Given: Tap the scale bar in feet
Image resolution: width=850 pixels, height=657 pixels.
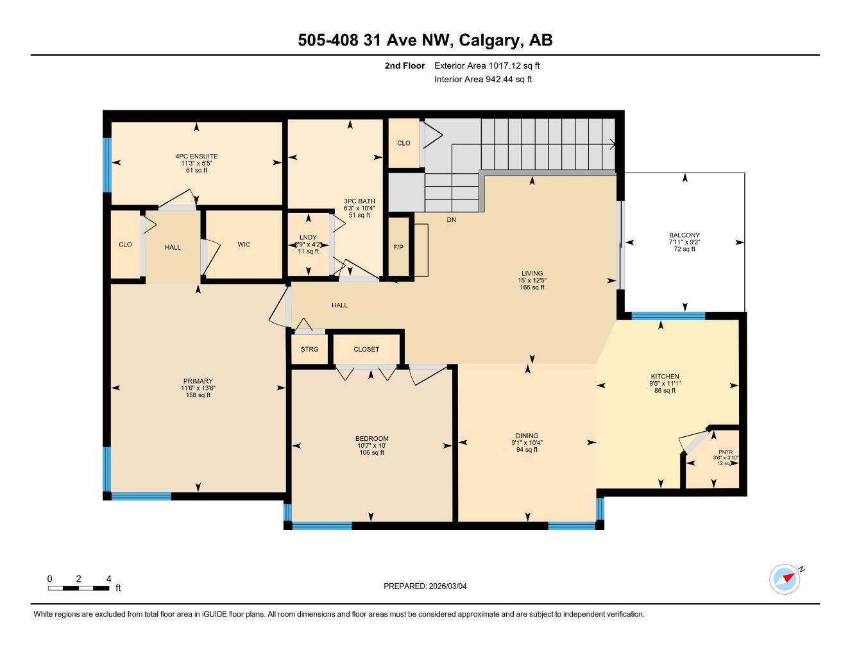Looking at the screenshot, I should (x=78, y=588).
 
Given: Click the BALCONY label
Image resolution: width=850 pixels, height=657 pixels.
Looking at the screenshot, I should (x=684, y=235).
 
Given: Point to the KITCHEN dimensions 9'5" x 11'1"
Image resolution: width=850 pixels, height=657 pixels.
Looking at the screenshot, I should (x=665, y=384).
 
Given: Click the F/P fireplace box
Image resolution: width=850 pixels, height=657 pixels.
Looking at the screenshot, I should (x=398, y=247).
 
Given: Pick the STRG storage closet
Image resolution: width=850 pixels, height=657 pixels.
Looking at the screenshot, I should (x=309, y=350).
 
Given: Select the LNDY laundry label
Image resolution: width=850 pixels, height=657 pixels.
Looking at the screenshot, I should (x=308, y=237).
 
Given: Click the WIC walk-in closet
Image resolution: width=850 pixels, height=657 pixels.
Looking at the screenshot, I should (x=244, y=244).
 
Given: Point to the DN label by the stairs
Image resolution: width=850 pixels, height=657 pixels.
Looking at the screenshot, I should (x=452, y=219).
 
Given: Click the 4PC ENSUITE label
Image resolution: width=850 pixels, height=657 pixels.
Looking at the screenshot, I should (x=196, y=156).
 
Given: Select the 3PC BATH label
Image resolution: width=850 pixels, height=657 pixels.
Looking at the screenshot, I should (x=359, y=201).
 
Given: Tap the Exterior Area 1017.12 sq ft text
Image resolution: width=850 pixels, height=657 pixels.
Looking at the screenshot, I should (x=487, y=65).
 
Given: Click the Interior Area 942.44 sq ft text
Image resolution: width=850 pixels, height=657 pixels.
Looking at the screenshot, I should (x=483, y=80).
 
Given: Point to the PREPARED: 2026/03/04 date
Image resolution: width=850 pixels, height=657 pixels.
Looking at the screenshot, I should (x=429, y=586).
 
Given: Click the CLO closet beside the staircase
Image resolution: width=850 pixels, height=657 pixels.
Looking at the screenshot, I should (x=404, y=143).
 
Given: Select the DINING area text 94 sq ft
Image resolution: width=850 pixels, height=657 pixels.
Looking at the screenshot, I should (x=527, y=450).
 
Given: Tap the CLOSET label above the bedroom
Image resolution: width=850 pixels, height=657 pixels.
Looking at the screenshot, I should (x=366, y=350).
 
